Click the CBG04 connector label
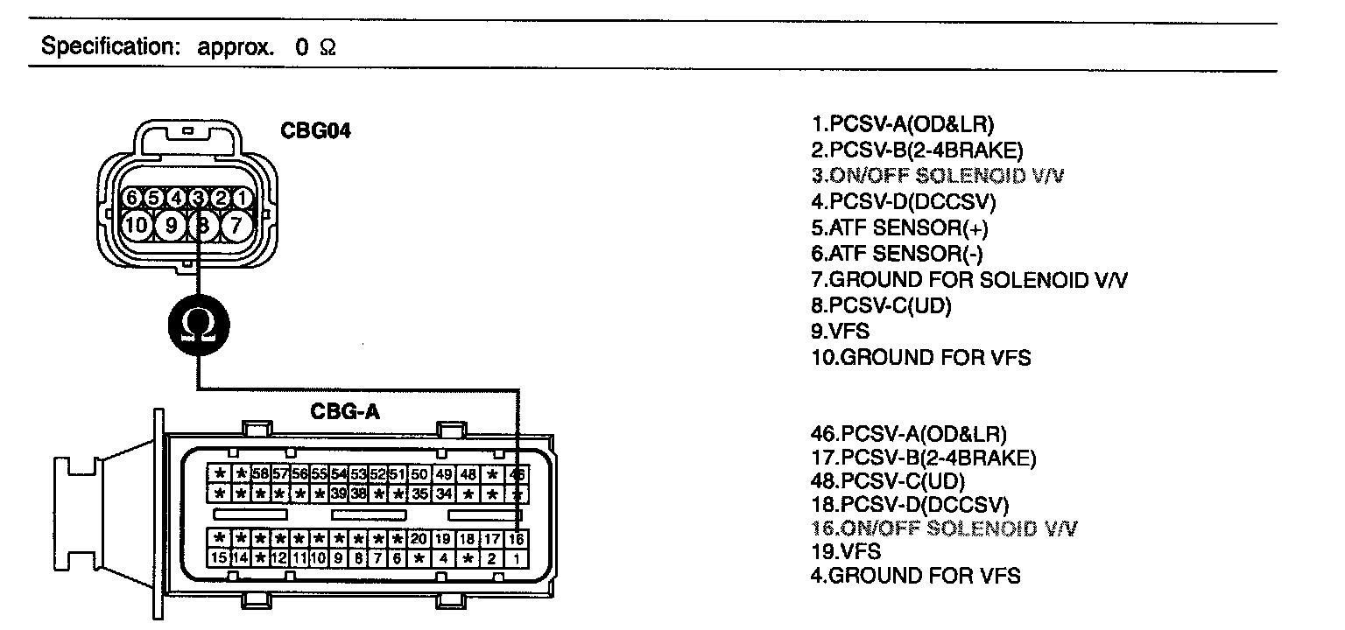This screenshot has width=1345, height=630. (x=315, y=131)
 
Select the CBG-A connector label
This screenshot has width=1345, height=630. (x=346, y=411)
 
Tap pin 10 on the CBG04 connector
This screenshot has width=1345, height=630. (x=137, y=226)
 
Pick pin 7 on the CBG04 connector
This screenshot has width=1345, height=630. (x=236, y=226)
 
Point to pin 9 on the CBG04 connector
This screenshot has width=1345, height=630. (x=171, y=226)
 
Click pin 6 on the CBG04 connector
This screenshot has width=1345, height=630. (x=130, y=199)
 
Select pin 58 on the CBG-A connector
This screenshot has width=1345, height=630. (x=260, y=474)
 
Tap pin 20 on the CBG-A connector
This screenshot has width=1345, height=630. (x=419, y=540)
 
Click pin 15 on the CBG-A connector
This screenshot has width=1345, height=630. (x=219, y=558)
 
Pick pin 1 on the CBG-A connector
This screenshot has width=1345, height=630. (x=517, y=558)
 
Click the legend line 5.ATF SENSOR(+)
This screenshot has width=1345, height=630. (x=900, y=228)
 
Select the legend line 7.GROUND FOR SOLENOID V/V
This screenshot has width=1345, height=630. (x=970, y=280)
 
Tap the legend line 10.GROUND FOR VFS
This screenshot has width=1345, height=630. (x=921, y=358)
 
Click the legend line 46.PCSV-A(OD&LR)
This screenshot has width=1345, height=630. (x=909, y=433)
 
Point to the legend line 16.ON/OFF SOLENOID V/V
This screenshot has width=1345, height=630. (x=945, y=528)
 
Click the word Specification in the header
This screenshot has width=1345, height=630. (x=109, y=46)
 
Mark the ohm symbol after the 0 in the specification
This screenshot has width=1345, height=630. (x=327, y=48)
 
